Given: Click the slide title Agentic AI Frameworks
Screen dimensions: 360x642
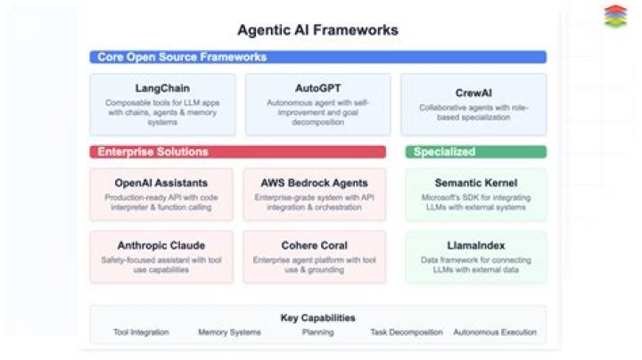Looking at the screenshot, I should tap(317, 30).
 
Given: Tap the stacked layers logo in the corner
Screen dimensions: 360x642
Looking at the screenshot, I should tap(615, 17).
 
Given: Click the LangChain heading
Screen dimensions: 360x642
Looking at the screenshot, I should tap(161, 88).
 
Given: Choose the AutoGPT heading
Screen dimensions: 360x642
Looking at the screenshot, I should tap(317, 88).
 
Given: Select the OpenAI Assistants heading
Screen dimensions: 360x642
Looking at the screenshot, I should tap(161, 183).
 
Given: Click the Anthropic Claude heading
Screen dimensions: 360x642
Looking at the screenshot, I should tap(161, 245).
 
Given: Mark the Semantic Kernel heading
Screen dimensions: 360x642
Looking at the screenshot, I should tap(475, 183).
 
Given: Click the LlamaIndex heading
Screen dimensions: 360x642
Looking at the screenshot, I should tap(475, 245).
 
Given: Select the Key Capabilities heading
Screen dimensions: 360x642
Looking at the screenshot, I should tap(317, 317).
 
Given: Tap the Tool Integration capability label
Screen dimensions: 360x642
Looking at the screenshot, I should tap(140, 332).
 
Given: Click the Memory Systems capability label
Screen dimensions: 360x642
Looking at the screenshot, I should tap(229, 332).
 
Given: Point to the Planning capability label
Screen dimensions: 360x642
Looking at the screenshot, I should tap(317, 332).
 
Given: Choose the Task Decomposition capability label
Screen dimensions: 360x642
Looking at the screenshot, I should tap(406, 332).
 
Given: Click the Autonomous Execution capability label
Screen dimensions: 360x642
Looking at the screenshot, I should tap(495, 332).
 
